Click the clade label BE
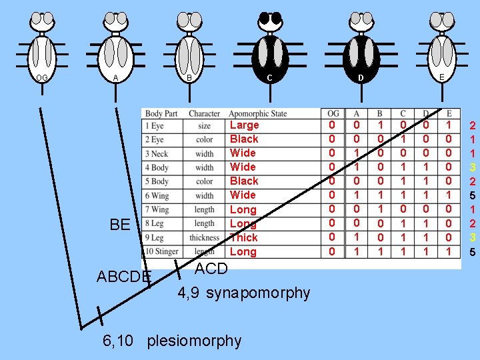[120, 224]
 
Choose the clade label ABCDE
[124, 276]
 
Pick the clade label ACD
[211, 269]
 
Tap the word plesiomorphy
[194, 341]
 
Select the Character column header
[204, 113]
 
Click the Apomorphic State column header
[257, 113]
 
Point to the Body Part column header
[161, 113]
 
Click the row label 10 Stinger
[162, 251]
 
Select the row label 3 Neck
[157, 153]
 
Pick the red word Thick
[243, 237]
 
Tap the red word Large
[244, 125]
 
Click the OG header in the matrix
[333, 113]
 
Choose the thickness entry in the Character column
[204, 237]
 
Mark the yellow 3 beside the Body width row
[472, 167]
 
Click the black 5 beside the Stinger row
[472, 252]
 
